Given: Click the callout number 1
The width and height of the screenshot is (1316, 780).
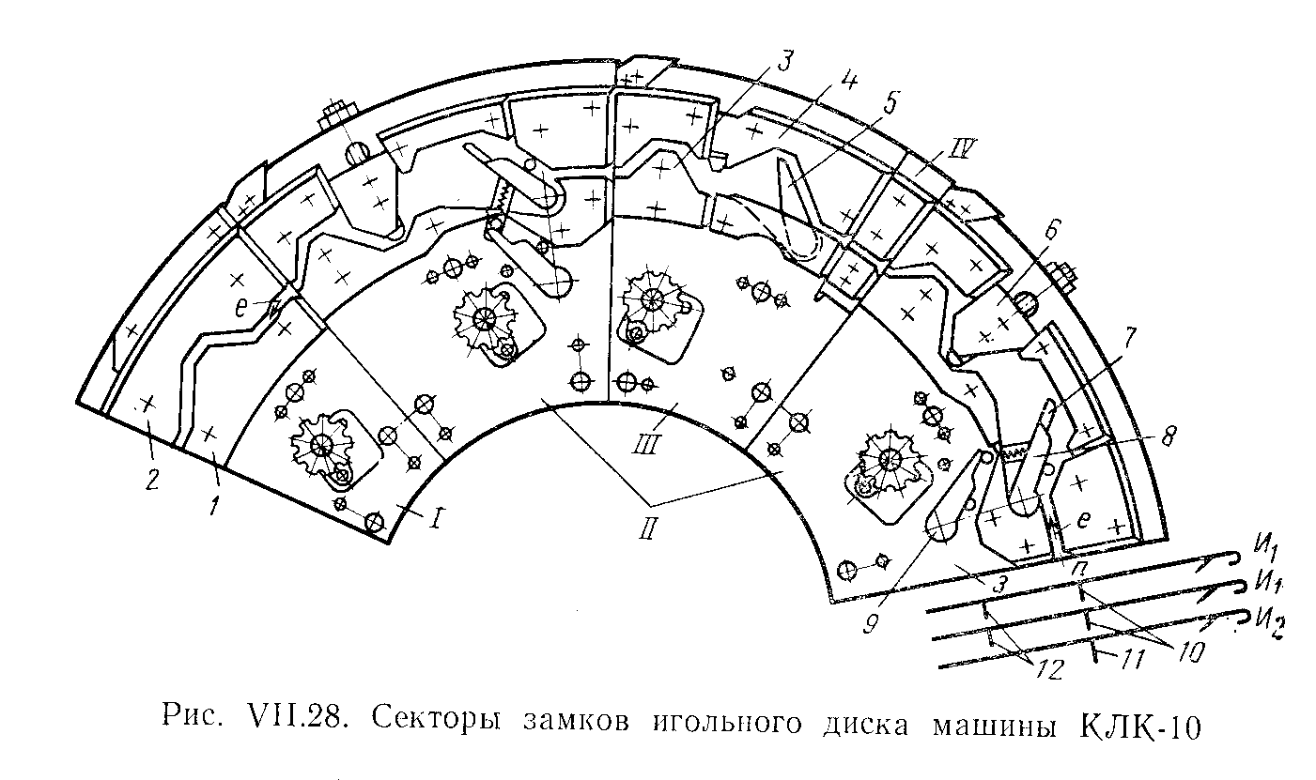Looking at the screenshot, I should [x=215, y=507].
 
